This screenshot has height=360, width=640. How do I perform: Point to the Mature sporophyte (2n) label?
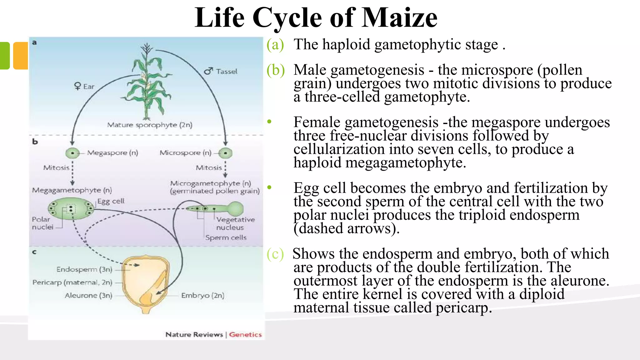(150, 125)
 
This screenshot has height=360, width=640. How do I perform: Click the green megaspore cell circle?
(72, 153)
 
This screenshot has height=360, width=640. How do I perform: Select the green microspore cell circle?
(225, 153)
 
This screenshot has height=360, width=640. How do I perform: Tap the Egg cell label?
(111, 201)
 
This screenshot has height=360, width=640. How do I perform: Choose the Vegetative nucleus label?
(235, 223)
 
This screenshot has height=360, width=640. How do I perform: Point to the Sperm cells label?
(226, 237)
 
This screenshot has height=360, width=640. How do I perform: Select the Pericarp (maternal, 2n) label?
(72, 282)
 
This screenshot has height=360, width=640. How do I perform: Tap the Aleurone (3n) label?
(88, 296)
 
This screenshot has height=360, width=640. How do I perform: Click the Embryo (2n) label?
(202, 296)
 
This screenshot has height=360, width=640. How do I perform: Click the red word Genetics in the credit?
(245, 335)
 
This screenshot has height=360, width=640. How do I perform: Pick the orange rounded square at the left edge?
(21, 56)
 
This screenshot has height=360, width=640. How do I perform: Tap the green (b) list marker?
(275, 70)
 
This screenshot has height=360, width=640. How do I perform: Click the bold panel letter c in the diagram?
(34, 252)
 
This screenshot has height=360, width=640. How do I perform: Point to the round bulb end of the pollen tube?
(236, 209)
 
